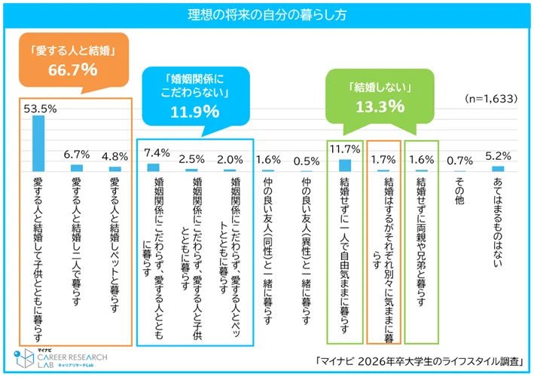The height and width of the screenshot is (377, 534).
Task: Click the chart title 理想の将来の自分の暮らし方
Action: (x=267, y=14)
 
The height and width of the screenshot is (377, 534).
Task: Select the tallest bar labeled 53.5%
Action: (x=38, y=143)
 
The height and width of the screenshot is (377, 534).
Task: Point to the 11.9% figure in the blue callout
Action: (x=195, y=112)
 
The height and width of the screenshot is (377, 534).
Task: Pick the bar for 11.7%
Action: (x=345, y=165)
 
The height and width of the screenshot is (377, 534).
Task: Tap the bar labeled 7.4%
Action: (x=154, y=167)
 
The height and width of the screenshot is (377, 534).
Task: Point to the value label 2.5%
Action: (x=192, y=159)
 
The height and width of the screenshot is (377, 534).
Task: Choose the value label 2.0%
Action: (x=230, y=159)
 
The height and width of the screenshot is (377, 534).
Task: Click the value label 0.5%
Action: (x=307, y=159)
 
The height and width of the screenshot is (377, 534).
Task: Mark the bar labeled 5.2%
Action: (x=498, y=168)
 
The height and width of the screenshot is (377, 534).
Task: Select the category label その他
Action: (x=459, y=189)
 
